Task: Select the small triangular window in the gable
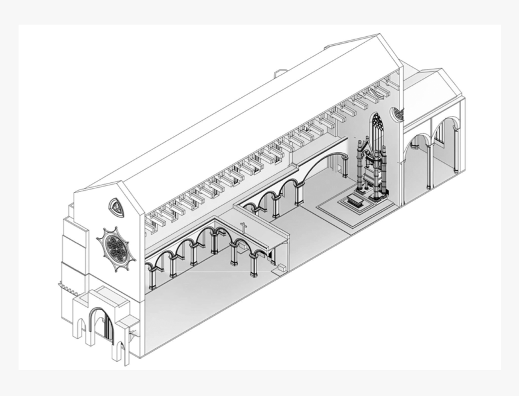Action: [116, 207]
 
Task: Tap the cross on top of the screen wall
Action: [244, 228]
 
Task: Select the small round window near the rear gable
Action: [398, 113]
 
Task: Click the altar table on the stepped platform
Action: [355, 201]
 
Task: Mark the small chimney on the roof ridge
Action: [279, 74]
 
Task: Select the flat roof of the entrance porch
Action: [103, 296]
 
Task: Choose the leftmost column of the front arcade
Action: [152, 277]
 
